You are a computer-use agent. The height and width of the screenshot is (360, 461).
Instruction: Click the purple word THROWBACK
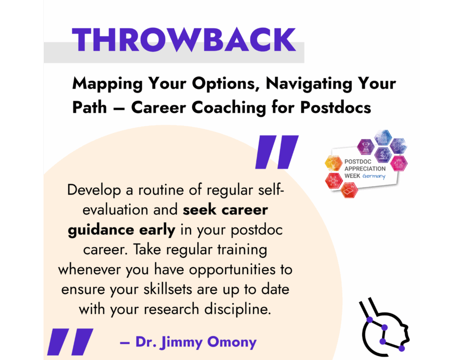[184, 40]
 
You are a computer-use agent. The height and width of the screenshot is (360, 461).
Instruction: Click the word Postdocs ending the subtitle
[336, 107]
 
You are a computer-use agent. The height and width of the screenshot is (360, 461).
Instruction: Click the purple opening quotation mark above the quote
[277, 152]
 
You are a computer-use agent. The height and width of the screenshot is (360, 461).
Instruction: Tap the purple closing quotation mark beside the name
[70, 342]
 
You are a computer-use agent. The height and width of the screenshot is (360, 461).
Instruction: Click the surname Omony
[231, 342]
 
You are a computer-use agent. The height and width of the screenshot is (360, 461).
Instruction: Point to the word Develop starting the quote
[94, 191]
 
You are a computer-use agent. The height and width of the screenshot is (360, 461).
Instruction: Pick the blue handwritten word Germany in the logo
[374, 176]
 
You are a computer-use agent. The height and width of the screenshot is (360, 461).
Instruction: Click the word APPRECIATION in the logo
[365, 168]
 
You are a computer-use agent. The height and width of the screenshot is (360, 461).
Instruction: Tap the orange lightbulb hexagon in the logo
[333, 163]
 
